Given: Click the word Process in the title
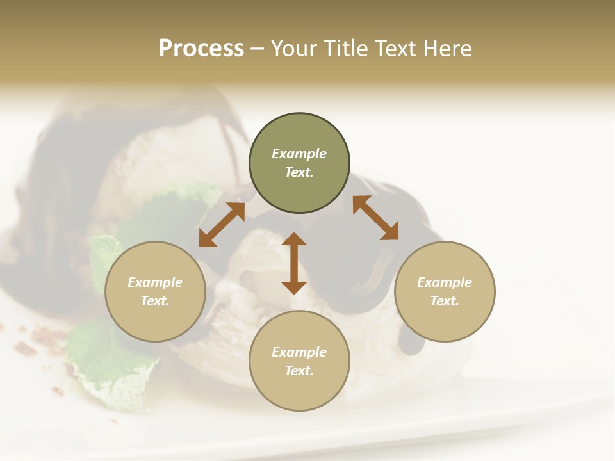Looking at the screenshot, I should [x=201, y=48].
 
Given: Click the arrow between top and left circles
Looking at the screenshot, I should [x=222, y=224].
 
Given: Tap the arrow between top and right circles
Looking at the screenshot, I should [x=375, y=218].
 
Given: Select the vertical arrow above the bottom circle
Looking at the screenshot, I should [x=294, y=263].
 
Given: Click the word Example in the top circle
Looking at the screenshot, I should [x=299, y=154].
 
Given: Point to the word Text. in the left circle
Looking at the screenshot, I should [x=155, y=301].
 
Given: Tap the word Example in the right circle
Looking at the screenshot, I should [x=445, y=282].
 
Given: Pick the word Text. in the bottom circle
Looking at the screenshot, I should [x=299, y=371].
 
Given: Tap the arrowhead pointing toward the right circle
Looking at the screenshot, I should [x=389, y=232].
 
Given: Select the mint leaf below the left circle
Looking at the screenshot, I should [x=109, y=365].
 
